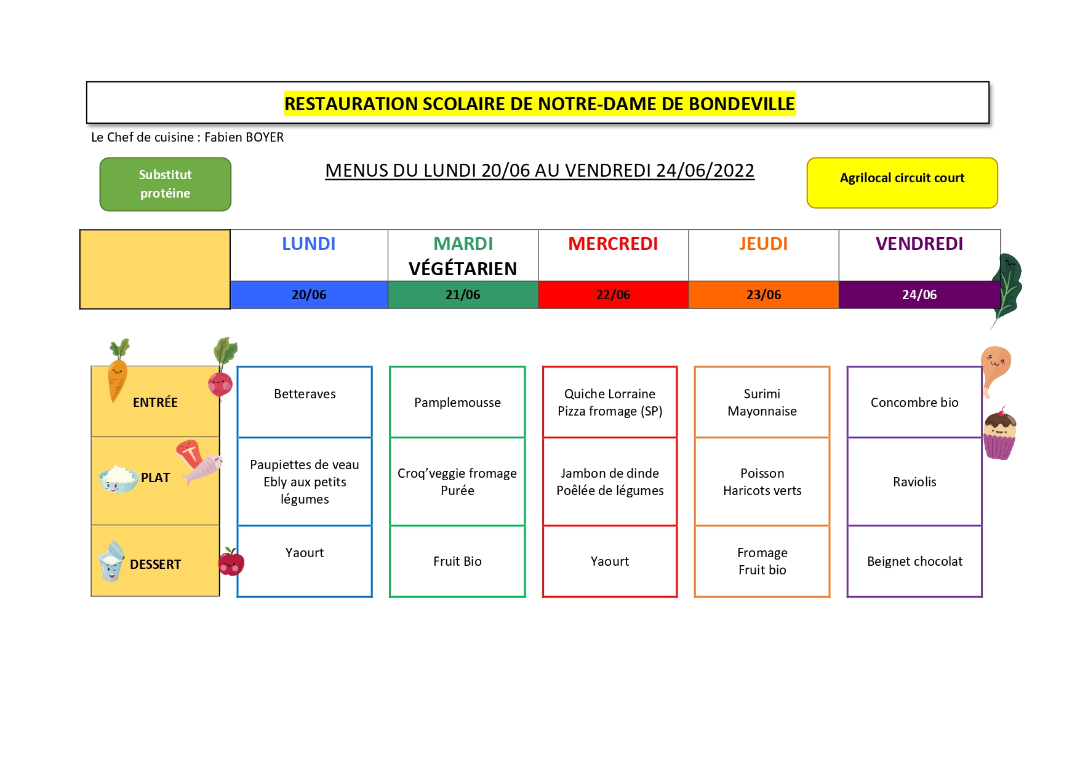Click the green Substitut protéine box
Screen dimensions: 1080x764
click(166, 184)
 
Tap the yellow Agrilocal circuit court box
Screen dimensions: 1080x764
click(902, 183)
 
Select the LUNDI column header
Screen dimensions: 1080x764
click(309, 244)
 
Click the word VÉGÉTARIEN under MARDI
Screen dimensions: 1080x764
click(463, 268)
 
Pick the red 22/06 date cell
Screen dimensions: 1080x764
click(614, 294)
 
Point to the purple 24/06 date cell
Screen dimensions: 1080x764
click(919, 294)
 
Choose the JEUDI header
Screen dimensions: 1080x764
click(764, 244)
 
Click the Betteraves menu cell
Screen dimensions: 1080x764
click(305, 402)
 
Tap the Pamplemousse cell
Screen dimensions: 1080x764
click(457, 402)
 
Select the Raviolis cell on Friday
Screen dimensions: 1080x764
click(914, 481)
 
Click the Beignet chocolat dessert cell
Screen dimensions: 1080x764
click(914, 561)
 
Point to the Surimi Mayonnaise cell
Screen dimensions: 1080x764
click(762, 402)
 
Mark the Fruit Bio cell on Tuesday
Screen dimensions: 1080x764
click(457, 561)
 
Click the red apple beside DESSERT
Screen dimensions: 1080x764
click(231, 561)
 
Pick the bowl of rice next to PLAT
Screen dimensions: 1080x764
click(119, 479)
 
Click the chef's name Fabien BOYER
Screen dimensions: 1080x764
click(244, 137)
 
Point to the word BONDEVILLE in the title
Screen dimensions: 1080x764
click(742, 104)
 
